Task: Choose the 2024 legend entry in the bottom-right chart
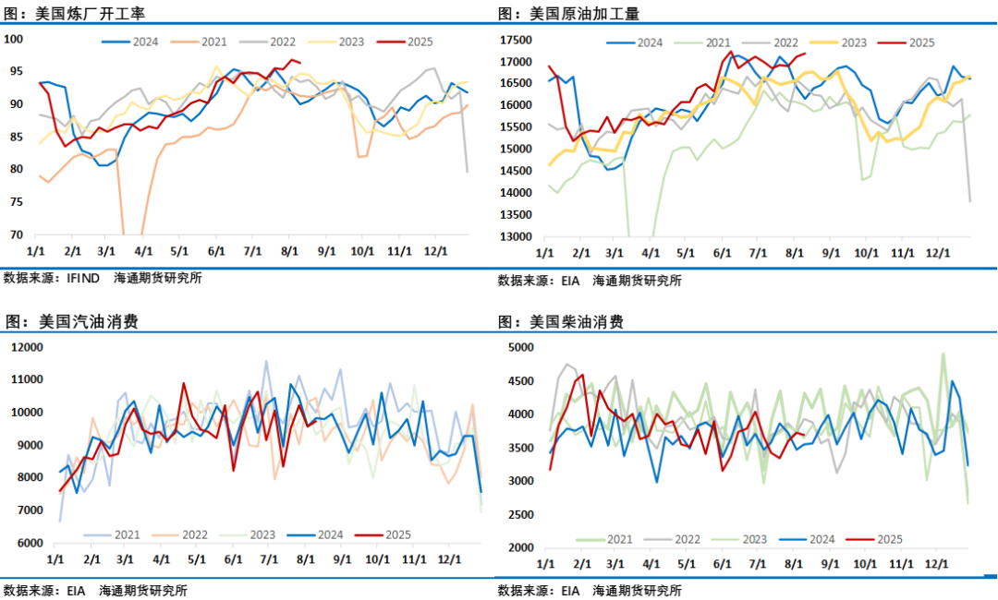[811, 540]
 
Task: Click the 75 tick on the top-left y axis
[17, 201]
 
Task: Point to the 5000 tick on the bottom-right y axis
[523, 348]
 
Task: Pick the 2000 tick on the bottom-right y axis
[523, 547]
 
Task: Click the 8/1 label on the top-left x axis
[289, 251]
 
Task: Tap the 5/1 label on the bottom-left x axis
[197, 559]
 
